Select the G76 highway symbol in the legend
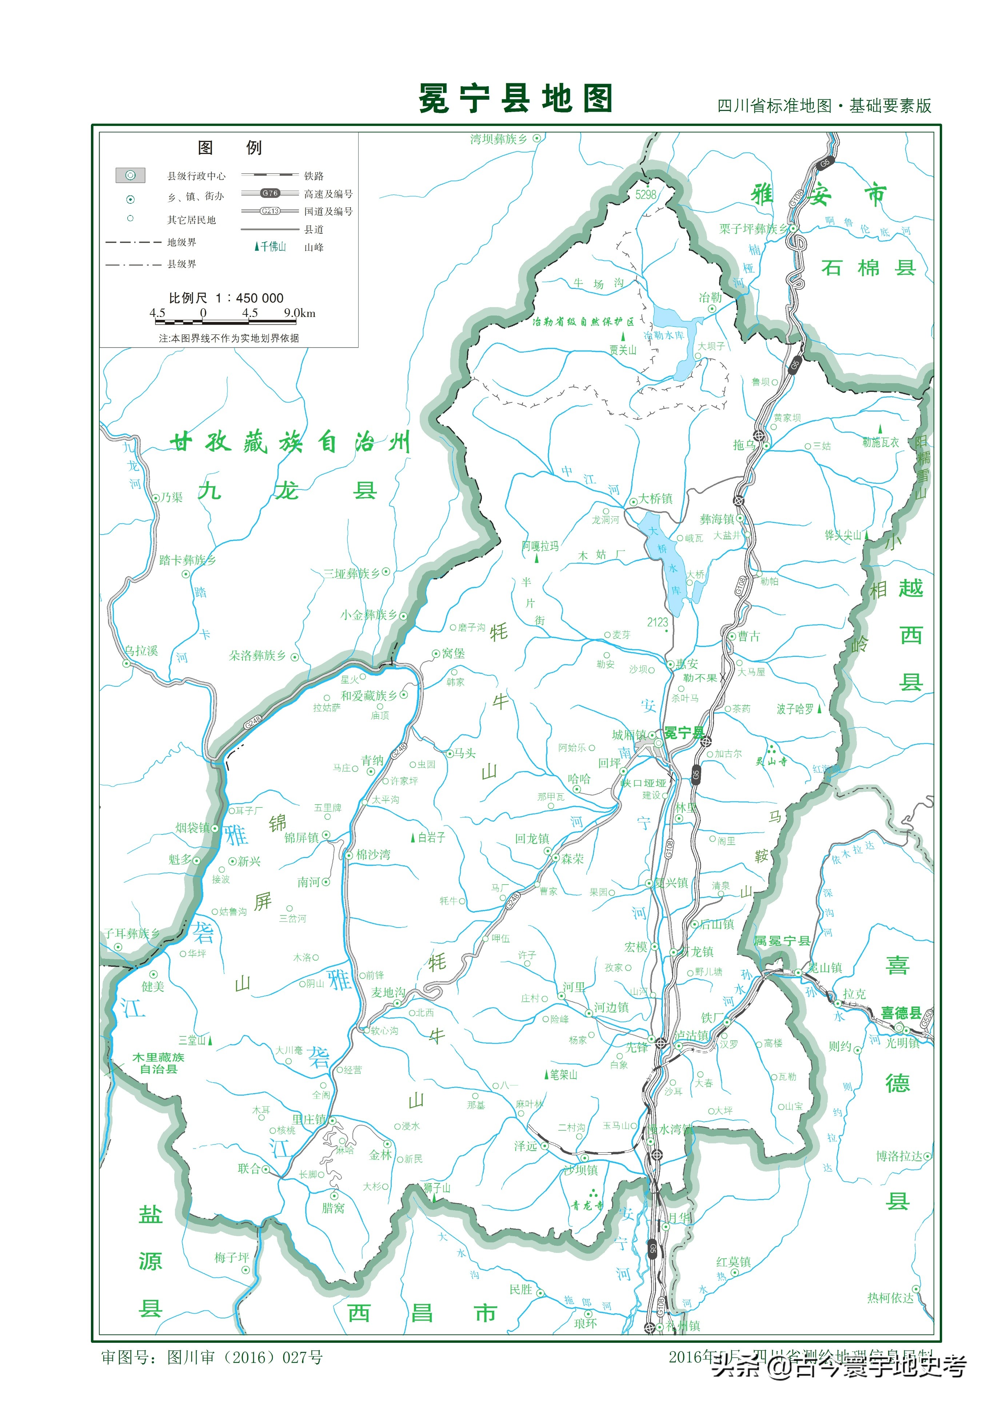[270, 193]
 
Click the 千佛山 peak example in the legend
[270, 246]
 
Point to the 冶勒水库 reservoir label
[664, 335]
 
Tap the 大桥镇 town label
[655, 499]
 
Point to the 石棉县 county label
[868, 267]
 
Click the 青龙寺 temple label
[587, 1206]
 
